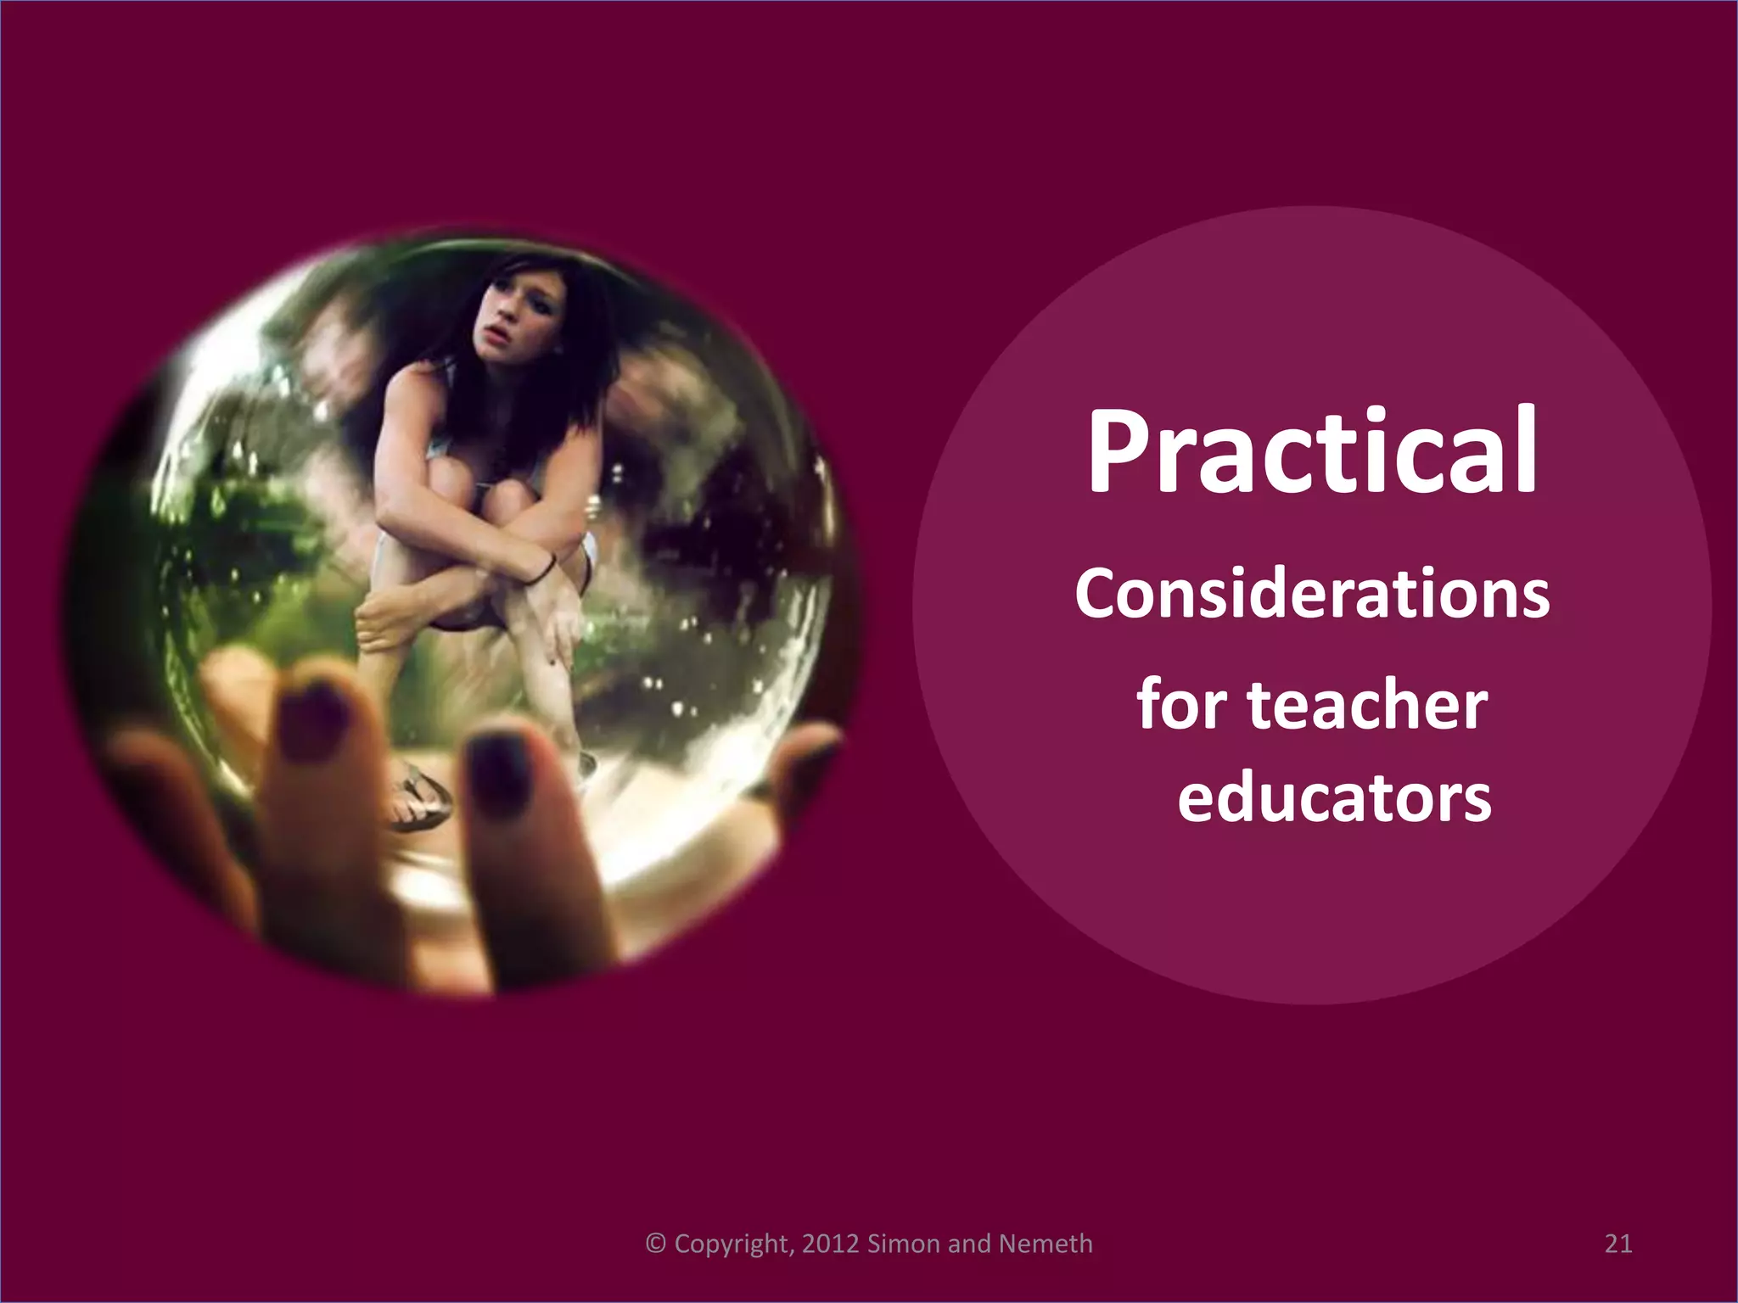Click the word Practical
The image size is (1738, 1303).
(1312, 451)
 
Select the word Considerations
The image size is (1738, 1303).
(1312, 594)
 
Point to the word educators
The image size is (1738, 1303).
(1334, 798)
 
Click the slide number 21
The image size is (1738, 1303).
(1618, 1244)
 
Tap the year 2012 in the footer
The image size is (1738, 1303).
(831, 1244)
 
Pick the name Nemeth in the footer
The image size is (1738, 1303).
(1046, 1244)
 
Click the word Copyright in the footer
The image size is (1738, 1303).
(732, 1244)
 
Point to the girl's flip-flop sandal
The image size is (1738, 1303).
(418, 797)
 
